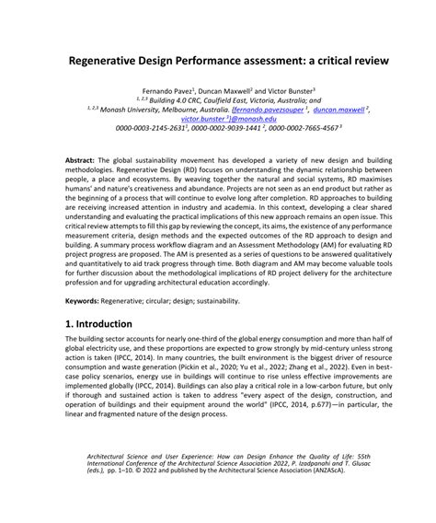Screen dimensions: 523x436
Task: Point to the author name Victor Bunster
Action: (285, 92)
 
